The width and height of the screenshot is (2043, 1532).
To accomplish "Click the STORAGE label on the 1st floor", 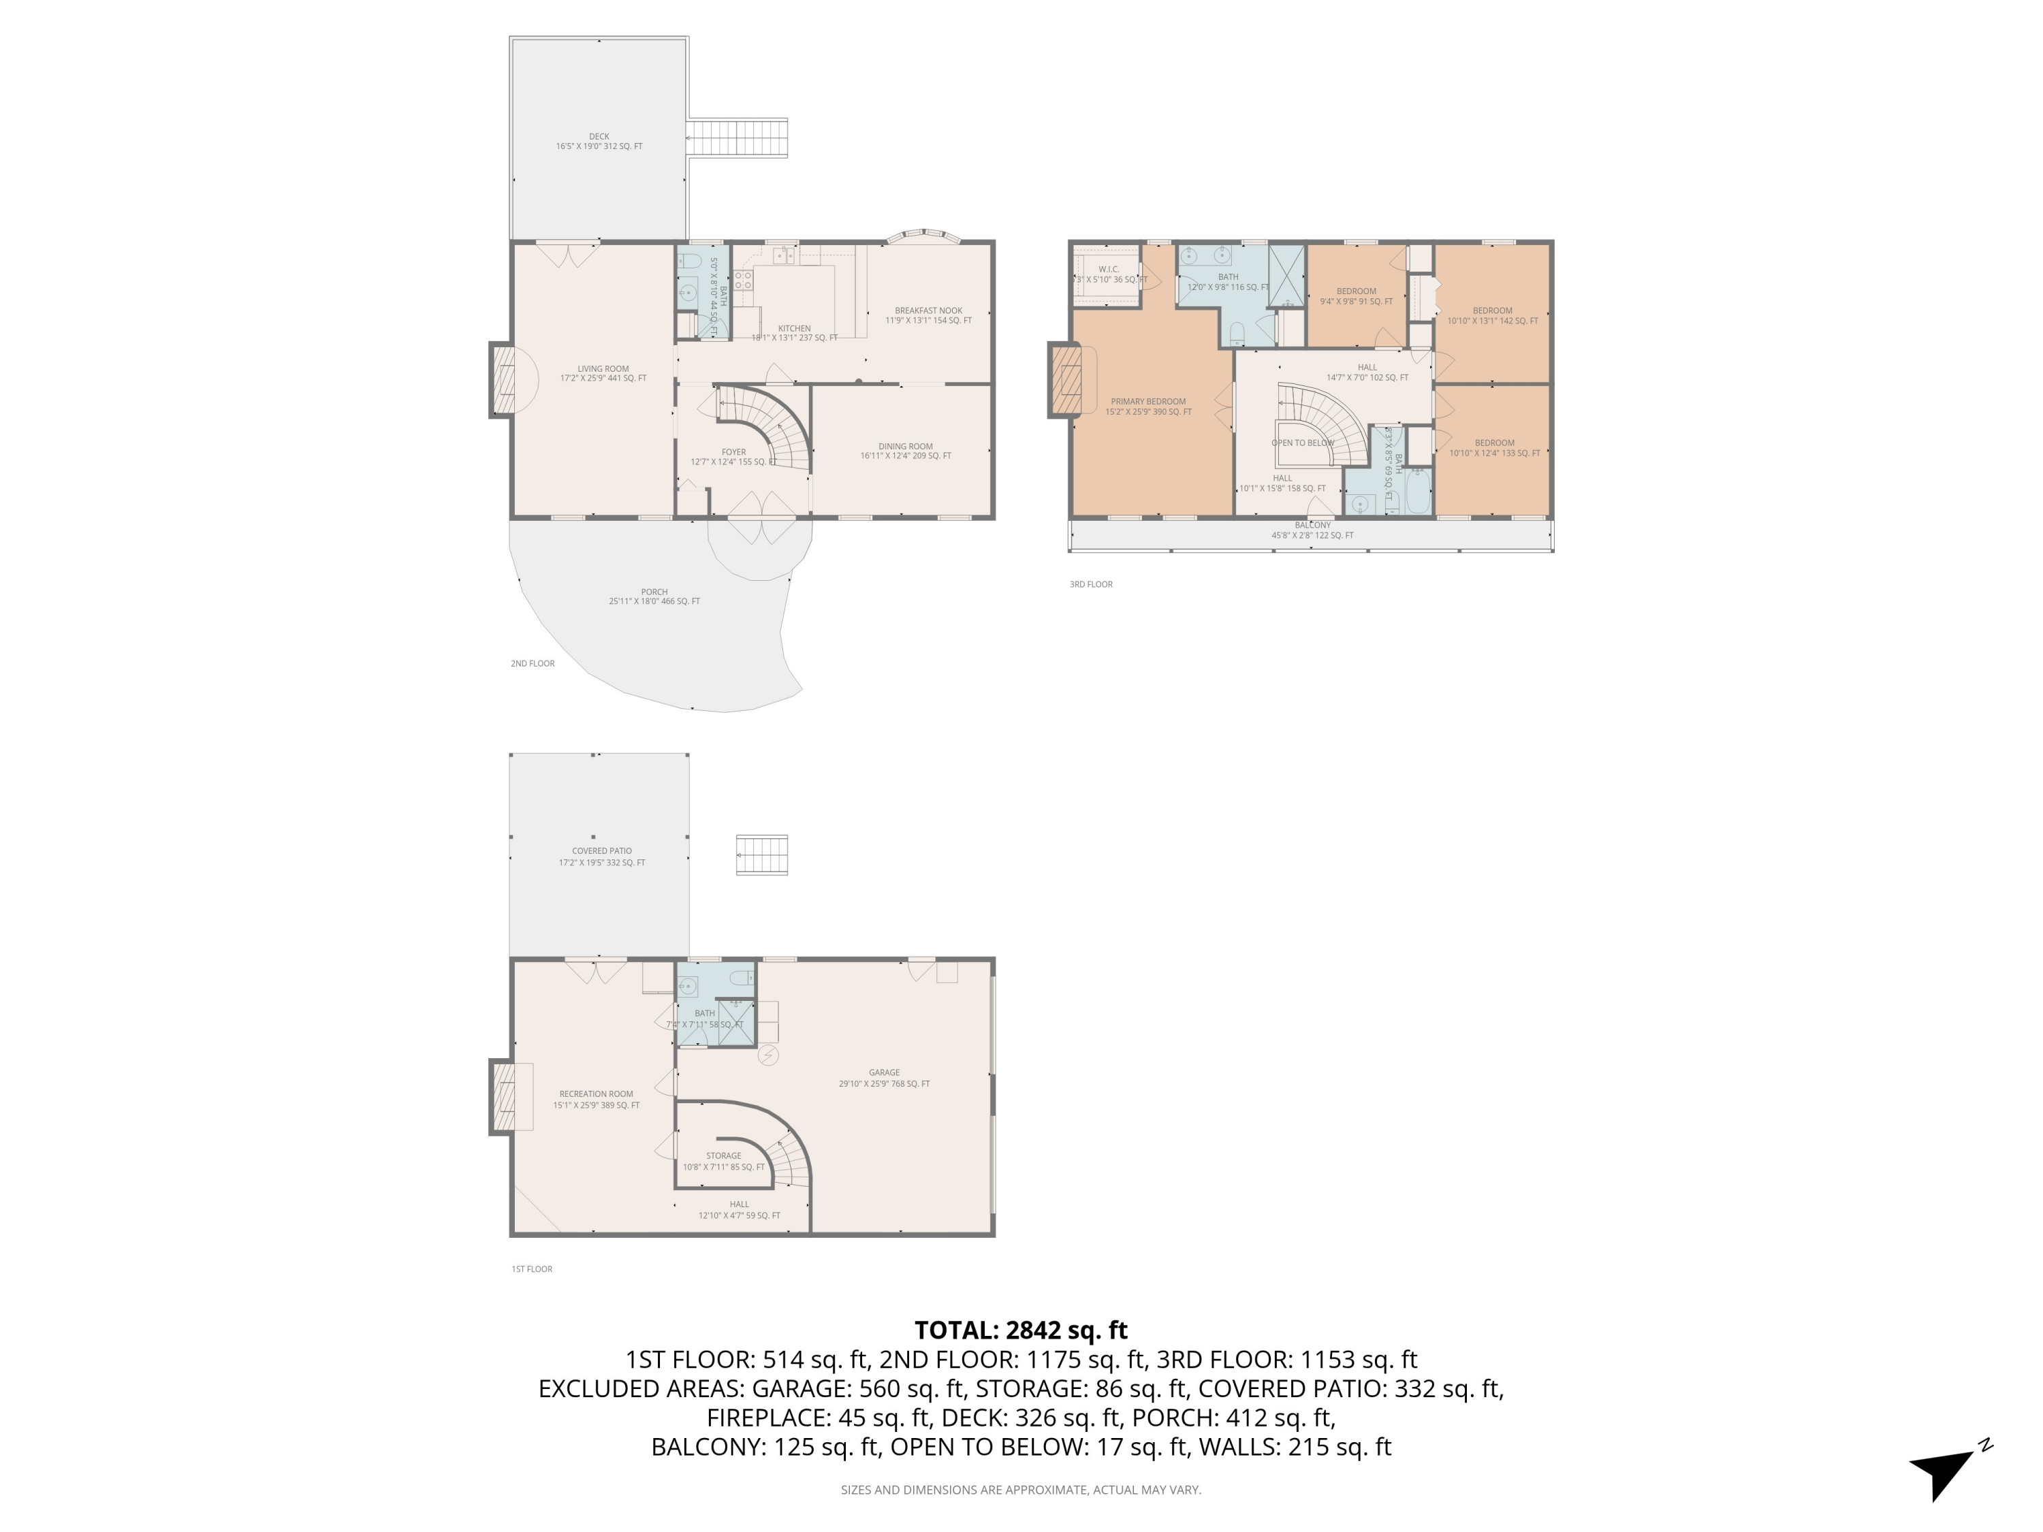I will click(723, 1156).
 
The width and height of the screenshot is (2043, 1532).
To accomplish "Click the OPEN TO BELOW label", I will click(1302, 443).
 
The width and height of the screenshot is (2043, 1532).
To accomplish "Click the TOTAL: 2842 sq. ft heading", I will click(1021, 1330).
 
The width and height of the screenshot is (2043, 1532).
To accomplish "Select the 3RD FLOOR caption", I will click(1091, 584).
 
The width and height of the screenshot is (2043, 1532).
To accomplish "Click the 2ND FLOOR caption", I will click(532, 664).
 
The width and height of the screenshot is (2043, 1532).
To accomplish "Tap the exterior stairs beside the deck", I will click(737, 138).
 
